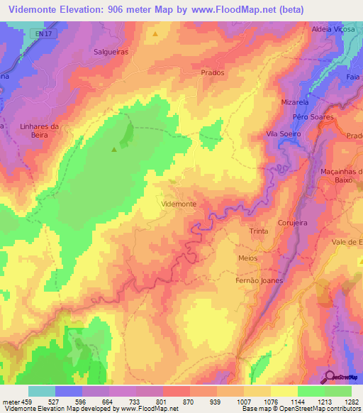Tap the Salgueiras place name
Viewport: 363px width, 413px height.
pos(111,52)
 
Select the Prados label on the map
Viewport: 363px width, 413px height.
pos(213,73)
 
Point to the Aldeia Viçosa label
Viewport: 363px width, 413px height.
pos(333,30)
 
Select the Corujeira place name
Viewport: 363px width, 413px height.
pos(293,223)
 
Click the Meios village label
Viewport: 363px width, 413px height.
pos(247,258)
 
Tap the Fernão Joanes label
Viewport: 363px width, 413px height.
pos(259,280)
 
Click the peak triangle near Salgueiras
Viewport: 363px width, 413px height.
pos(155,33)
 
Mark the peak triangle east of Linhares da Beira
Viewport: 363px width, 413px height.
pos(113,149)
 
